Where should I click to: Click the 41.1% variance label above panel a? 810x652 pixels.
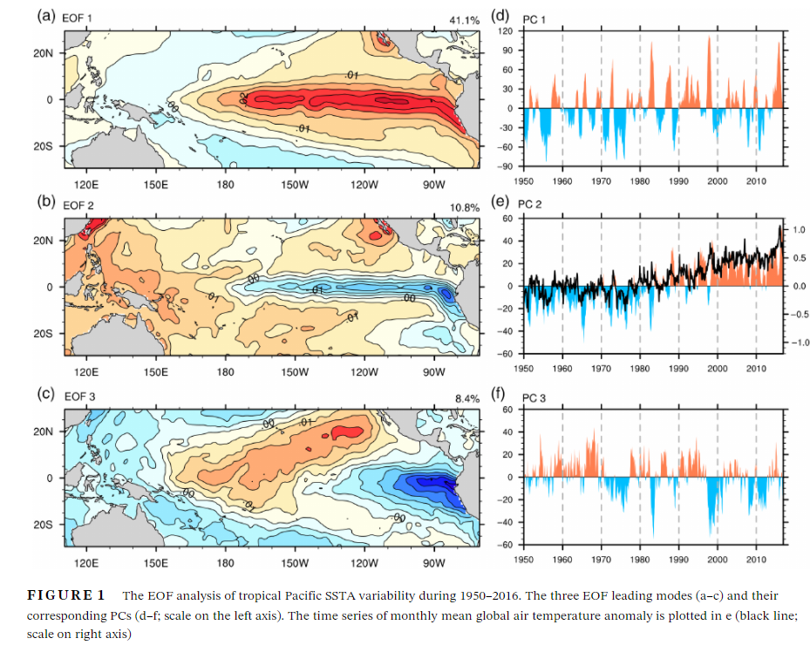464,19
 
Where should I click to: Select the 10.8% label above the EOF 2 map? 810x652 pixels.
464,207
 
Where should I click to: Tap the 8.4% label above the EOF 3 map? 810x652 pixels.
466,397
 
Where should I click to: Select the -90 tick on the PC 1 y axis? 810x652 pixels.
505,166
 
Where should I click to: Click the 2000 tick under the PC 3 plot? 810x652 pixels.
717,559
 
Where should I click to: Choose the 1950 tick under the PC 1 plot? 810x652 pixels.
524,180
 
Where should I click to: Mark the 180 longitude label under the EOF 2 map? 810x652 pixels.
226,371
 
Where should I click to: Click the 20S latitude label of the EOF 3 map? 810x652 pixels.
44,525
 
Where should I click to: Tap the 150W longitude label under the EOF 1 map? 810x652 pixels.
295,185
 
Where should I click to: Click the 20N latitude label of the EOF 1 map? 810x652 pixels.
44,52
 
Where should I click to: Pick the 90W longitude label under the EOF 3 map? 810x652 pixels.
434,561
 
